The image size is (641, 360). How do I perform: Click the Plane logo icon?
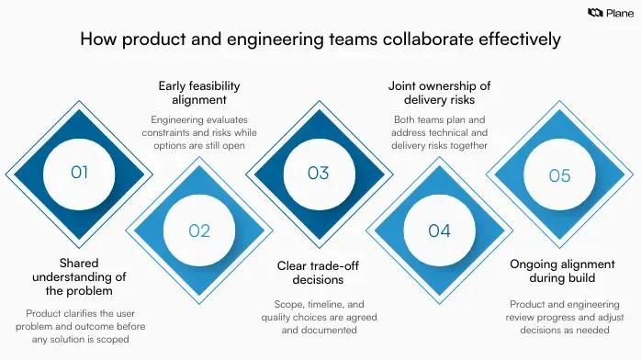(x=593, y=13)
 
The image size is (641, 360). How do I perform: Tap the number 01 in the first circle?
(x=80, y=172)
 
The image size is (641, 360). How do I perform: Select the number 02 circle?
(x=199, y=231)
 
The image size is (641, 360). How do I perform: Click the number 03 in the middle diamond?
(x=319, y=172)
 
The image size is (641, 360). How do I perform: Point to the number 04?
(x=439, y=231)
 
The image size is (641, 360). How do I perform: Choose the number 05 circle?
(x=559, y=175)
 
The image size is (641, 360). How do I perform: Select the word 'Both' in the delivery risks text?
(x=404, y=121)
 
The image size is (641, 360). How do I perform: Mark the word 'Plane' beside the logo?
(x=618, y=13)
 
